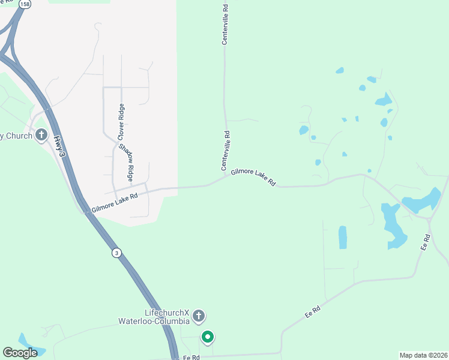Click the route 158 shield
tap(25, 4)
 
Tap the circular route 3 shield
tap(116, 253)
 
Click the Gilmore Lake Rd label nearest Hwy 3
tap(114, 202)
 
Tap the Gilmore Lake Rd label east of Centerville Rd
tap(253, 176)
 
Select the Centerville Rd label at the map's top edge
tap(226, 25)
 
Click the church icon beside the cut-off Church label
tap(41, 134)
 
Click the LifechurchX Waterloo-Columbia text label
tap(167, 317)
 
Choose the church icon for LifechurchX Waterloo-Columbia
tap(199, 316)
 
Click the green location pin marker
tap(208, 337)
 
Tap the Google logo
tap(20, 353)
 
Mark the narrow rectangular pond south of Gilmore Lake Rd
tap(343, 237)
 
